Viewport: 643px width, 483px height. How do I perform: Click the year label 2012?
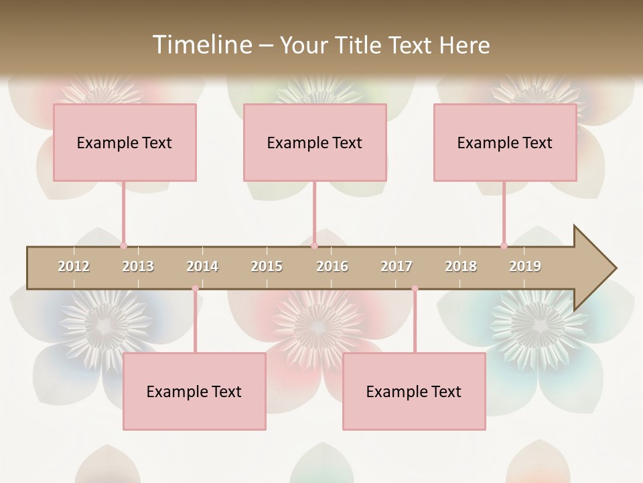tap(74, 266)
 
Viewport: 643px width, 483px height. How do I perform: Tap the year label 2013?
tap(138, 266)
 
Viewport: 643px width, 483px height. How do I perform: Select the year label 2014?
tap(202, 266)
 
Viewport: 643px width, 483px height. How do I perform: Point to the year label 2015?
tap(267, 266)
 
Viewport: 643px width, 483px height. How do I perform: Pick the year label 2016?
tap(332, 266)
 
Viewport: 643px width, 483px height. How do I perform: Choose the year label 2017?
tap(397, 266)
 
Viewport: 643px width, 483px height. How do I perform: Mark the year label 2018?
tap(461, 266)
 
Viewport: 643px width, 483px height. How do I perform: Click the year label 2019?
tap(525, 266)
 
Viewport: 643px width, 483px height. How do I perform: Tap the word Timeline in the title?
tap(202, 45)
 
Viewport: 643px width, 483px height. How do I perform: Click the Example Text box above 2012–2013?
tap(125, 142)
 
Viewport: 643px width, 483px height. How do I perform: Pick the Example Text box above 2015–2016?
tap(315, 142)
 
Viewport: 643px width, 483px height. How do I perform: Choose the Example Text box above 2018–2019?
tap(505, 142)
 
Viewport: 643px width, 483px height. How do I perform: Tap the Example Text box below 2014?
tap(194, 391)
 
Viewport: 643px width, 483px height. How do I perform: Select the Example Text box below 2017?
tap(414, 391)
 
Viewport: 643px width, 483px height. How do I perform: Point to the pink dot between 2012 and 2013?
tap(123, 246)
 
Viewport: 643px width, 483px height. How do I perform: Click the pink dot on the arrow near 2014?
tap(195, 288)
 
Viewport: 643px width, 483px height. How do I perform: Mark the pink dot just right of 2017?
tap(415, 288)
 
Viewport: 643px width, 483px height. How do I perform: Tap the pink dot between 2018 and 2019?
tap(504, 246)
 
